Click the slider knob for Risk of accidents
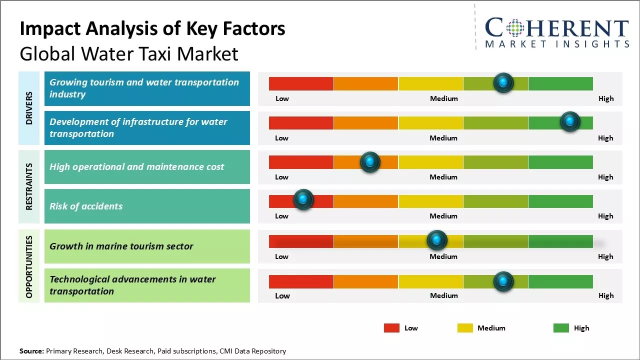[x=303, y=199]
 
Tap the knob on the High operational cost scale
[x=370, y=161]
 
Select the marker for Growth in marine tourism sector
[x=437, y=240]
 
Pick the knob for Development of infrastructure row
[x=569, y=121]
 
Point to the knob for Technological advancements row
[x=503, y=281]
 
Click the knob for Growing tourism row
[x=503, y=82]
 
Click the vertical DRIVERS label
[x=29, y=108]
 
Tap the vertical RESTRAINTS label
[x=29, y=186]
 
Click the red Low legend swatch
[x=391, y=328]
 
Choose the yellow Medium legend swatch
[x=465, y=328]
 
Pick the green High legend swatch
[x=561, y=328]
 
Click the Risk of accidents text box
[x=147, y=206]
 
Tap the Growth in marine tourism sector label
[x=121, y=246]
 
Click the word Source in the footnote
[x=31, y=351]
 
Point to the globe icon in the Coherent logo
[x=514, y=28]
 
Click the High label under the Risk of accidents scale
[x=605, y=216]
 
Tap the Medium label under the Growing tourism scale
[x=444, y=98]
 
